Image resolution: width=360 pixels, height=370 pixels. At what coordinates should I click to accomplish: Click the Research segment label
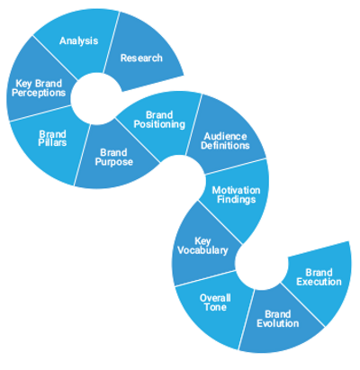point(141,58)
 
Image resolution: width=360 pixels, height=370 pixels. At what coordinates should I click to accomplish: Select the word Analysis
point(78,41)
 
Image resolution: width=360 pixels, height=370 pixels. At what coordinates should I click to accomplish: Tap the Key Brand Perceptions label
point(39,88)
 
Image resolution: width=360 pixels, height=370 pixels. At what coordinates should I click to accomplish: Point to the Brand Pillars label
point(52,138)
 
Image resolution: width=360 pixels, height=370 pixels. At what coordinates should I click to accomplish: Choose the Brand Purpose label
point(114,158)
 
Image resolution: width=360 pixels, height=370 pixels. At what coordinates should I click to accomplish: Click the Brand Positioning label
point(159,120)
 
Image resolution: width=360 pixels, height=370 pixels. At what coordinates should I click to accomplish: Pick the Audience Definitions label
point(225,140)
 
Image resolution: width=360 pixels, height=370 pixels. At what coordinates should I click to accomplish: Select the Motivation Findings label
point(237,194)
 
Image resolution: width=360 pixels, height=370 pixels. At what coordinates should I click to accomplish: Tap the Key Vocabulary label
point(202,246)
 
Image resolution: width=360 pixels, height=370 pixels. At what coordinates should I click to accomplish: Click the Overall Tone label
point(215,302)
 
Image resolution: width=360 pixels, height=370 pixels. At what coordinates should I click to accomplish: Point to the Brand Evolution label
point(278,319)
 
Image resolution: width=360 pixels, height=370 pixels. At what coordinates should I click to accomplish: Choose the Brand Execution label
point(319,277)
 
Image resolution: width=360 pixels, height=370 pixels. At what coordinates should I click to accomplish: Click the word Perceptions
point(39,93)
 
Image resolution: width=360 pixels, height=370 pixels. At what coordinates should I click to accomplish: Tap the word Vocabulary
point(202,250)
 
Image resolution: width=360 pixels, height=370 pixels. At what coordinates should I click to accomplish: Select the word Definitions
point(225,146)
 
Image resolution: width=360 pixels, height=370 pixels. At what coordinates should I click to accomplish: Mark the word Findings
point(237,200)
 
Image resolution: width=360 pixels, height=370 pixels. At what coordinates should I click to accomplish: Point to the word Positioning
point(159,124)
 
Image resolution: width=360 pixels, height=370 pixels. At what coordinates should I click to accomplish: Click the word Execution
point(319,282)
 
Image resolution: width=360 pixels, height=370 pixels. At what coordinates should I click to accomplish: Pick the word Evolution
point(278,323)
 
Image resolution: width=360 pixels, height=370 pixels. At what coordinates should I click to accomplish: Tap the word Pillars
point(52,142)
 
